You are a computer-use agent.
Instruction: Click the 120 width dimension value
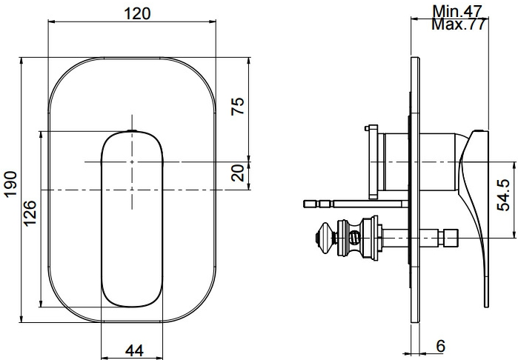point(135,13)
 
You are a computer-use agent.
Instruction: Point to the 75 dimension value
point(237,105)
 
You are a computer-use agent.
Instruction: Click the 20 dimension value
point(237,174)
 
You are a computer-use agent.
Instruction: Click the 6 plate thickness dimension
point(440,345)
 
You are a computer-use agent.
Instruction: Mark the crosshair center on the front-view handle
point(131,161)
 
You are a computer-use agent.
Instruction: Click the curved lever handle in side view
point(474,193)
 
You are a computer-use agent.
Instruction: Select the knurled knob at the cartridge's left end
point(325,237)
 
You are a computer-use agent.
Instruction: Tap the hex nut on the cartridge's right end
point(448,238)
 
